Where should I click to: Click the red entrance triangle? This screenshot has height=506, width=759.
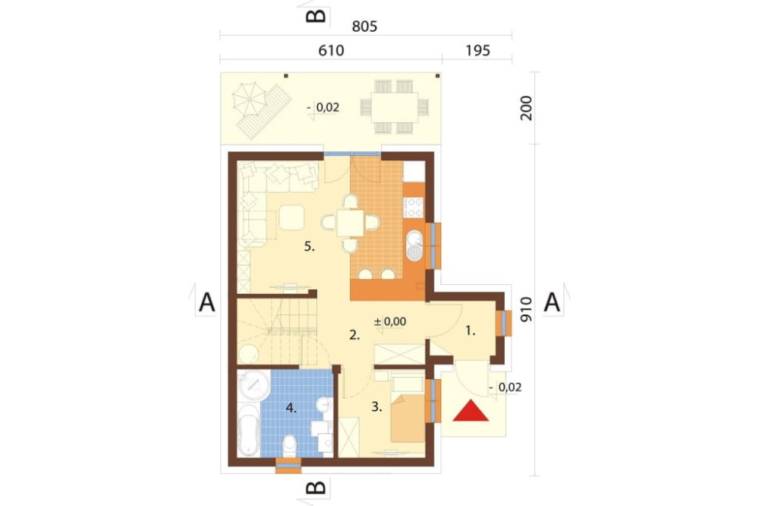coord(471,412)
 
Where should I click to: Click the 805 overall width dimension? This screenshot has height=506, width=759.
coord(364,26)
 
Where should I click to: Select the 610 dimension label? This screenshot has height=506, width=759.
coord(331,50)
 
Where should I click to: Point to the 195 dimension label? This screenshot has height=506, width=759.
coord(477,50)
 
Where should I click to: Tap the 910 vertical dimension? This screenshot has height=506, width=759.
coord(526,310)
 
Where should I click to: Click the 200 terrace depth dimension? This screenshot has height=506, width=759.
coord(526,108)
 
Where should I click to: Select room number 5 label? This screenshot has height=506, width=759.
coord(310,247)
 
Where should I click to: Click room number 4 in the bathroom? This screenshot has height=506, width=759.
coord(291,409)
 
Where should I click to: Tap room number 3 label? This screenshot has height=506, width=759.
coord(376,407)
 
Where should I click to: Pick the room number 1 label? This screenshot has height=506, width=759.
coord(470,331)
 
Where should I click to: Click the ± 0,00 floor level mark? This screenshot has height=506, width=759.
coord(390,321)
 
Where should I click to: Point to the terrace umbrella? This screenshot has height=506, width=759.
coord(250,100)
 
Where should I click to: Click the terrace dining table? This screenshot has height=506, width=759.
coord(395,107)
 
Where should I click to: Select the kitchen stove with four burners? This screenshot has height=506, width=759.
coord(414,207)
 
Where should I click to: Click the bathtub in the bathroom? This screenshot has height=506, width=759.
coord(249,430)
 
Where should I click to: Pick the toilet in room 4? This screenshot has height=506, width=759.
coord(289,445)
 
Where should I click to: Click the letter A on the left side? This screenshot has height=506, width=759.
coord(206,303)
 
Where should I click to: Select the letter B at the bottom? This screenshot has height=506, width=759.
coord(316,487)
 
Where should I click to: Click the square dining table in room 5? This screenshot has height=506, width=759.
coord(351,223)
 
